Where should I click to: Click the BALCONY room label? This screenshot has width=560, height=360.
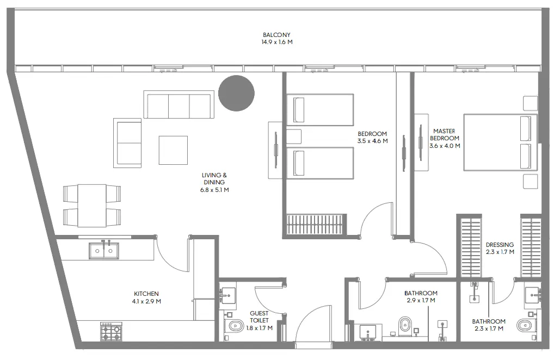tap(277, 35)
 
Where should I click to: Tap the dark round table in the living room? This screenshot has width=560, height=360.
tap(236, 93)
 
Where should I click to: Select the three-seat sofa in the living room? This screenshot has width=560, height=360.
tap(179, 104)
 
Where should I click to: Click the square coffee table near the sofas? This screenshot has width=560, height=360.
tap(173, 150)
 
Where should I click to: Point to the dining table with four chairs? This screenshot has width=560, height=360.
tap(91, 205)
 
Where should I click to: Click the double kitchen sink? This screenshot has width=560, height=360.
tap(103, 251)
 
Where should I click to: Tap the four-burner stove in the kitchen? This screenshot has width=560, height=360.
tap(111, 332)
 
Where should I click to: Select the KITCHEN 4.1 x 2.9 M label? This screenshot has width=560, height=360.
tap(146, 297)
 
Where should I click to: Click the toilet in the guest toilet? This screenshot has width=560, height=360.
tap(235, 326)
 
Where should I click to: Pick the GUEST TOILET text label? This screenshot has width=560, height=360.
tap(259, 317)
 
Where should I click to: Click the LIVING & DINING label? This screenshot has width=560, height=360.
tap(214, 178)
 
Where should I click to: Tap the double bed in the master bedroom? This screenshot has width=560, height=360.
tap(500, 142)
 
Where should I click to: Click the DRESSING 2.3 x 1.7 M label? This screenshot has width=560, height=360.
tap(500, 249)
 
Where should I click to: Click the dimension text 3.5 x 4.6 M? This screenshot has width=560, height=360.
tap(372, 141)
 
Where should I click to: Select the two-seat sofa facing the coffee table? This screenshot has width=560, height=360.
tap(127, 143)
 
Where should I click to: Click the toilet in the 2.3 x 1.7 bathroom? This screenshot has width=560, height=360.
tap(524, 325)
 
